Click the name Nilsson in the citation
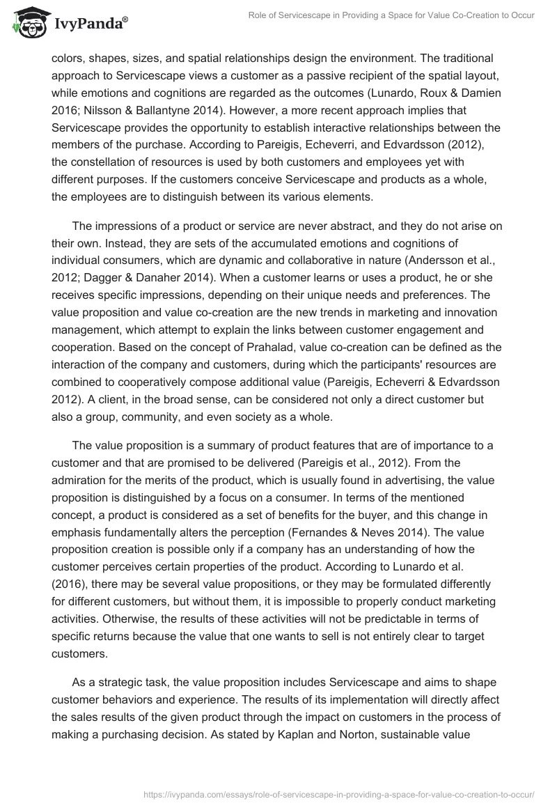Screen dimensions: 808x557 (103, 111)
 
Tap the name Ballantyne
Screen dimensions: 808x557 (180, 111)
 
